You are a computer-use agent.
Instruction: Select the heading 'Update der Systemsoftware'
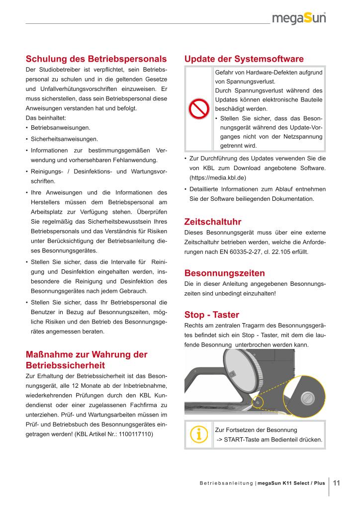coord(244,59)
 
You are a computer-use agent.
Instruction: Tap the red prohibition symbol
coord(199,109)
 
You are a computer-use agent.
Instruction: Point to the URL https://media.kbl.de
coord(217,177)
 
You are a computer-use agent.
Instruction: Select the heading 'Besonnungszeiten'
coord(224,273)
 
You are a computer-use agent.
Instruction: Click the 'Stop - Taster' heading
coord(211,315)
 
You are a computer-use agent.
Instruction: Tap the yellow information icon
coord(199,434)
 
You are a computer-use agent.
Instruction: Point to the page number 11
coord(337,483)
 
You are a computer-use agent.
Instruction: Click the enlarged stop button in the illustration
coord(307,397)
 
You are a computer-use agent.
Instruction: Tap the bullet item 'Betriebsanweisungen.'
coord(60,128)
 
